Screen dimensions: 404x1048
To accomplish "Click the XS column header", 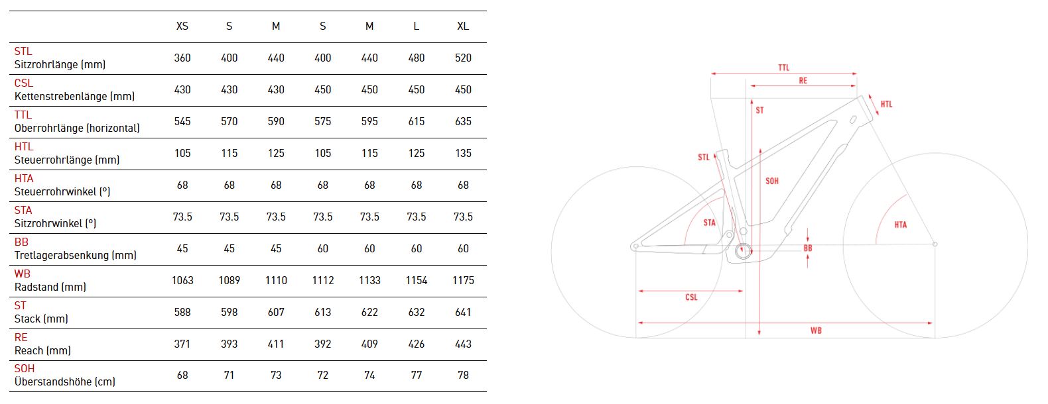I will pyautogui.click(x=182, y=26).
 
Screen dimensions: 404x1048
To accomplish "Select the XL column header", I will pyautogui.click(x=463, y=26).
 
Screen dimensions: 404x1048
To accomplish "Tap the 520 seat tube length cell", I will pyautogui.click(x=463, y=58).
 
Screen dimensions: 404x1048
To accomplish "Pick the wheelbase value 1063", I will pyautogui.click(x=182, y=281).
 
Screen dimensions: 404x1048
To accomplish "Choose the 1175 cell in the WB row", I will pyautogui.click(x=463, y=281).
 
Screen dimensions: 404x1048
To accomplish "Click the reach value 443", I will pyautogui.click(x=463, y=344).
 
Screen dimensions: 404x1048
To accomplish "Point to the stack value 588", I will pyautogui.click(x=182, y=313).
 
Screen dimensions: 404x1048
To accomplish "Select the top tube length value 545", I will pyautogui.click(x=182, y=122).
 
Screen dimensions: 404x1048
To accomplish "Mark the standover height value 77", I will pyautogui.click(x=417, y=376).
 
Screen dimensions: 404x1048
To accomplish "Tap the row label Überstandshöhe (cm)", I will pyautogui.click(x=65, y=382).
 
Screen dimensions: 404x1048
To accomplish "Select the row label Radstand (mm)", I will pyautogui.click(x=50, y=287).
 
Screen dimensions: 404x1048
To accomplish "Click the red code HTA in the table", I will pyautogui.click(x=24, y=178).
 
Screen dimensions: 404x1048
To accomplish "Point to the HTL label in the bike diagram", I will pyautogui.click(x=886, y=105).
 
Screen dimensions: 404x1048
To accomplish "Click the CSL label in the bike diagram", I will pyautogui.click(x=691, y=297).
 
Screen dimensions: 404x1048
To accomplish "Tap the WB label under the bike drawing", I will pyautogui.click(x=816, y=330).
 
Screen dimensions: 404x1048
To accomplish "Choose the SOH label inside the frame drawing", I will pyautogui.click(x=772, y=181).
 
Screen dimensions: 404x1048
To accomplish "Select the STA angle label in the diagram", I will pyautogui.click(x=710, y=223).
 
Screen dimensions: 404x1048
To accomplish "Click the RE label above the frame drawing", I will pyautogui.click(x=803, y=81).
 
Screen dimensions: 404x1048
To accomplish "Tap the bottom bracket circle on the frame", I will pyautogui.click(x=743, y=251).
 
